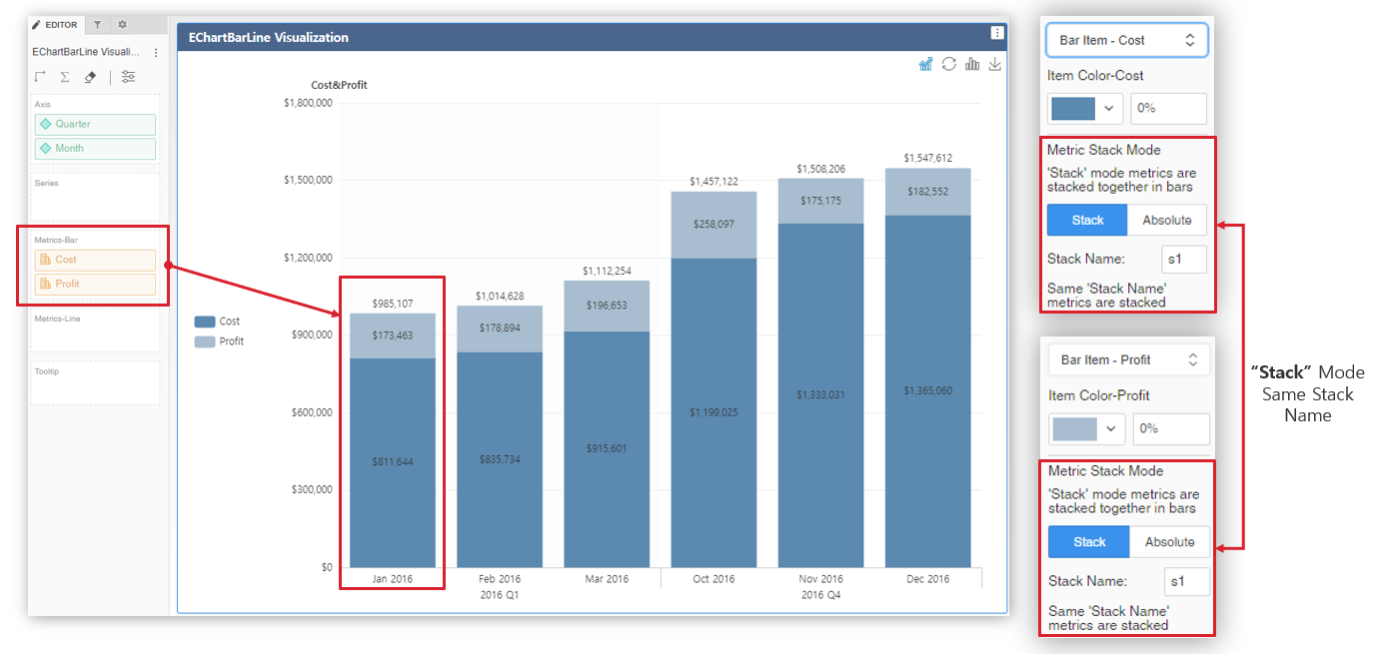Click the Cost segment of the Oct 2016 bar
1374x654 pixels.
pyautogui.click(x=713, y=412)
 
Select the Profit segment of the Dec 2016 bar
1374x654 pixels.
pyautogui.click(x=927, y=191)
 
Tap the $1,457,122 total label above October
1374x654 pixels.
pyautogui.click(x=713, y=182)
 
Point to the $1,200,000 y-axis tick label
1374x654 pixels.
pyautogui.click(x=307, y=258)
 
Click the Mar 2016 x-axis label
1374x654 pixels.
pyautogui.click(x=606, y=579)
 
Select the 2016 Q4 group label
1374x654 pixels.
pyautogui.click(x=820, y=595)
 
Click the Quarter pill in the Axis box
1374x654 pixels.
pyautogui.click(x=95, y=124)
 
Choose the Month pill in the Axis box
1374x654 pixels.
pyautogui.click(x=95, y=148)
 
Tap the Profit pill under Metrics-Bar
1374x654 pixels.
pyautogui.click(x=95, y=284)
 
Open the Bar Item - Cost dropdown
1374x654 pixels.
pyautogui.click(x=1126, y=40)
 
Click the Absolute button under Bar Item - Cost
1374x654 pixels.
pyautogui.click(x=1166, y=220)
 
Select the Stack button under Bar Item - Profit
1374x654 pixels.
pyautogui.click(x=1088, y=542)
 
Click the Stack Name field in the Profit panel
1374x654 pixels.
pyautogui.click(x=1187, y=581)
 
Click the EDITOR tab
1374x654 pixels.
pyautogui.click(x=56, y=24)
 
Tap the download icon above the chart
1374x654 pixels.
pyautogui.click(x=994, y=64)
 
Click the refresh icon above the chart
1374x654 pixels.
pyautogui.click(x=948, y=64)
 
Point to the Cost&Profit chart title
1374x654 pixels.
pyautogui.click(x=339, y=85)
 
